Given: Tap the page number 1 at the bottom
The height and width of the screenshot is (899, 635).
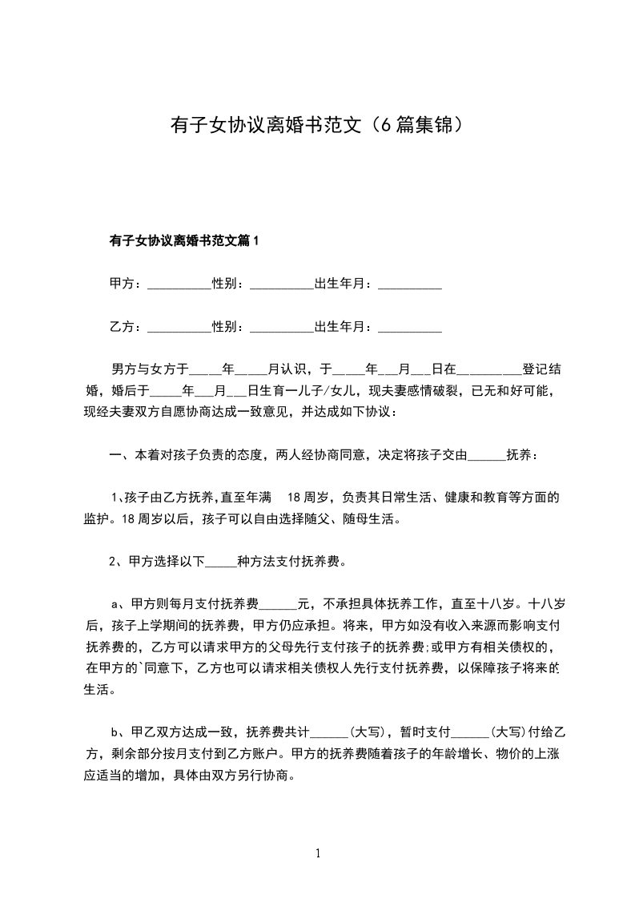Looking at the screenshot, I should click(x=318, y=853).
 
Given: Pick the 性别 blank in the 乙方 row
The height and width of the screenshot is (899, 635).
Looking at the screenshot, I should click(x=281, y=328).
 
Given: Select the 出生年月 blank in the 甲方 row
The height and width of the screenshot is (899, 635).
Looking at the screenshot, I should click(x=409, y=284).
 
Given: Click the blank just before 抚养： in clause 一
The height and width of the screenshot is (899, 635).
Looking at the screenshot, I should click(x=486, y=456).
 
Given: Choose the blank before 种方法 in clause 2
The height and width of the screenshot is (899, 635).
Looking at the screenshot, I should click(x=222, y=562).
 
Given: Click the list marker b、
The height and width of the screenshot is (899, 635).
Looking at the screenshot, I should click(x=117, y=732).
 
